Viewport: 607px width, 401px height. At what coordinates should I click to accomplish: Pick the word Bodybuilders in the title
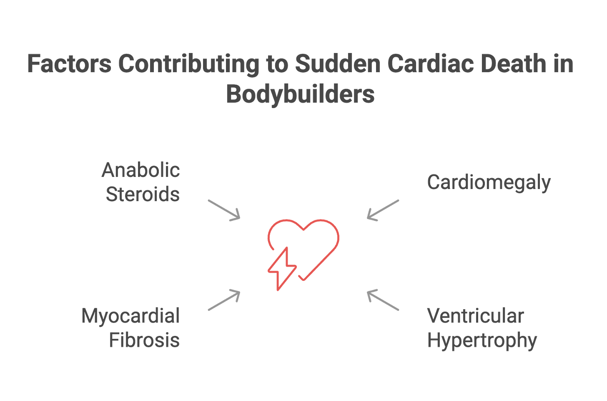tap(300, 94)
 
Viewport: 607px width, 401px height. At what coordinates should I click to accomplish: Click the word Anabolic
tap(141, 170)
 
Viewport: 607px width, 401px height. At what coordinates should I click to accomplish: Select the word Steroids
tap(143, 194)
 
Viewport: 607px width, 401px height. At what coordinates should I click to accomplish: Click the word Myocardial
tap(130, 316)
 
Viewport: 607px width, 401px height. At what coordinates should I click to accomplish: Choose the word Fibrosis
tap(145, 340)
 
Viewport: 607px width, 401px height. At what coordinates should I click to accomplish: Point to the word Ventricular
tap(475, 316)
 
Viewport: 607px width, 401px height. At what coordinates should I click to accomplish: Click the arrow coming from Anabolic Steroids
tap(224, 210)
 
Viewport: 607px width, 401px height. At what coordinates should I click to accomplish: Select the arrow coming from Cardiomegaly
tap(383, 210)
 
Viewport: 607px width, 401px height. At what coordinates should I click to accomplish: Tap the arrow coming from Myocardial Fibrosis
tap(224, 300)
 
